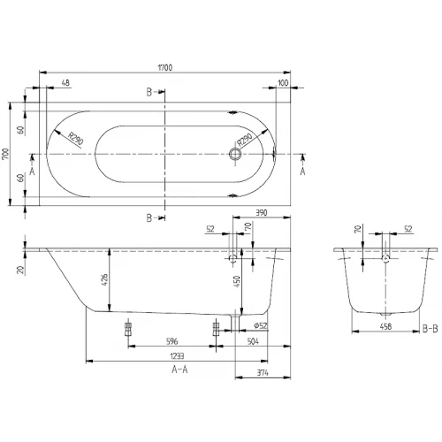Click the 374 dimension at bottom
coord(263,374)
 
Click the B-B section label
coord(429,329)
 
